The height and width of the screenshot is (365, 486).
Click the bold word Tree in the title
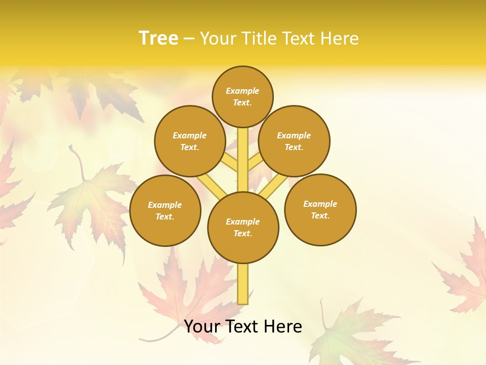[158, 38]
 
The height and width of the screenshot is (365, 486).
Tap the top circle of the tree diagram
[242, 96]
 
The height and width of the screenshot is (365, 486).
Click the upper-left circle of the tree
[189, 141]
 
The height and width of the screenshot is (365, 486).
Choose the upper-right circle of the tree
[294, 141]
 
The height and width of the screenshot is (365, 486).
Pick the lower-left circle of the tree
[165, 210]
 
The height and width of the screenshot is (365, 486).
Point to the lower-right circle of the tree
[320, 209]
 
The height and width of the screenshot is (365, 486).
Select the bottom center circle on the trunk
[243, 227]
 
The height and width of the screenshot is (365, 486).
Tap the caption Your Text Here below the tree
[243, 326]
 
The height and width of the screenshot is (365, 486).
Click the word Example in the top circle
[242, 91]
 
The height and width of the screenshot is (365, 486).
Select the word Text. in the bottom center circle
[243, 233]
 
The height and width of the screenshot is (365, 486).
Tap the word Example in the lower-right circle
[320, 204]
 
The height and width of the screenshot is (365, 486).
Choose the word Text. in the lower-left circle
[165, 216]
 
